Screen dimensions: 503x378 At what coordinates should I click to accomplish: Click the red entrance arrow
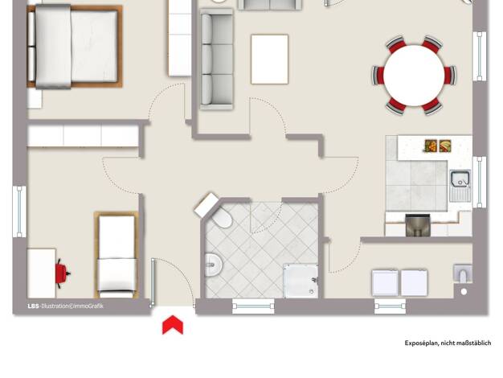click(x=173, y=325)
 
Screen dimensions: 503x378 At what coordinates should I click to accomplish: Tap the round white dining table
click(x=414, y=76)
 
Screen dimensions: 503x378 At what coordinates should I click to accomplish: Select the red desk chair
click(x=62, y=273)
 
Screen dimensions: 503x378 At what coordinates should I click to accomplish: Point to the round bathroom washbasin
click(x=213, y=265)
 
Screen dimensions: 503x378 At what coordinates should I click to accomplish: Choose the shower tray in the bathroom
click(x=301, y=281)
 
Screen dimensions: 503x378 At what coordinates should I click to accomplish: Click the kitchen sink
click(x=460, y=186)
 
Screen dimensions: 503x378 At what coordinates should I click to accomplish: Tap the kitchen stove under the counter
click(x=417, y=225)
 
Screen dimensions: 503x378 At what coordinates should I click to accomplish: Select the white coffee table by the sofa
click(x=269, y=60)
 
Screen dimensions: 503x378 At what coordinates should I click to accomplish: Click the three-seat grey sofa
click(x=216, y=60)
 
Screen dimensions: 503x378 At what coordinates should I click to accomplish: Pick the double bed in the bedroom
click(x=75, y=47)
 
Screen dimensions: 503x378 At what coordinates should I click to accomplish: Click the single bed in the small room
click(x=117, y=255)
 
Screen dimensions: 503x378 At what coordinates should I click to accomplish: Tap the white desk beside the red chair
click(x=42, y=273)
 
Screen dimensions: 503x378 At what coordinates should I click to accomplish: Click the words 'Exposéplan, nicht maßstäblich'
click(x=448, y=343)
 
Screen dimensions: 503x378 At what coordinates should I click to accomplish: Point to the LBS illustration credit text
click(x=65, y=306)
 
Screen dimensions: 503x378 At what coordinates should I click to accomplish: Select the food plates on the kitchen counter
click(x=438, y=146)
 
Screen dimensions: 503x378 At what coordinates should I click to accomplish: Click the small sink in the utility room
click(x=462, y=273)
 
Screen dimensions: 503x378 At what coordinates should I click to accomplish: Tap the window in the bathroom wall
click(x=253, y=306)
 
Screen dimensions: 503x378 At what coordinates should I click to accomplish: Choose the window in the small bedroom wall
click(x=19, y=212)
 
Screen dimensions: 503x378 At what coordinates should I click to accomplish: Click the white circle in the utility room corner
click(x=464, y=292)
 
